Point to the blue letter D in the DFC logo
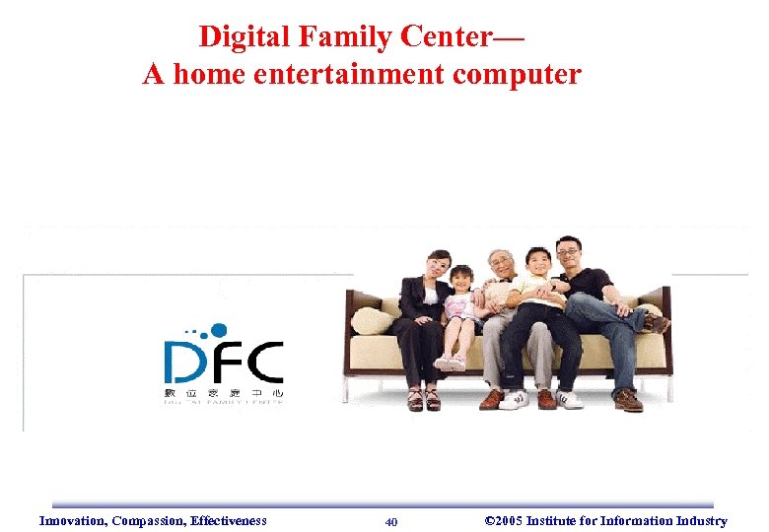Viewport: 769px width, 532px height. point(183,362)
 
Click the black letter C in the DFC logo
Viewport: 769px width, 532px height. point(264,362)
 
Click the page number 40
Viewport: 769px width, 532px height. point(391,522)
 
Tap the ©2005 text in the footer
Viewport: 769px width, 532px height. point(504,521)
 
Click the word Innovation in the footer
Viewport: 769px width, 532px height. point(72,521)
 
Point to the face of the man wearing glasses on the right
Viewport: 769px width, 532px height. point(568,253)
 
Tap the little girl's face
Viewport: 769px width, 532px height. point(461,279)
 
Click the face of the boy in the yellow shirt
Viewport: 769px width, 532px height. point(538,263)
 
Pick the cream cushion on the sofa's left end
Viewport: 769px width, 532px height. point(372,319)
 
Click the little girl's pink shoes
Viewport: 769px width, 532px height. point(450,363)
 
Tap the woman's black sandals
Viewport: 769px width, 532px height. point(424,400)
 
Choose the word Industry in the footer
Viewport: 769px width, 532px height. point(701,521)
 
